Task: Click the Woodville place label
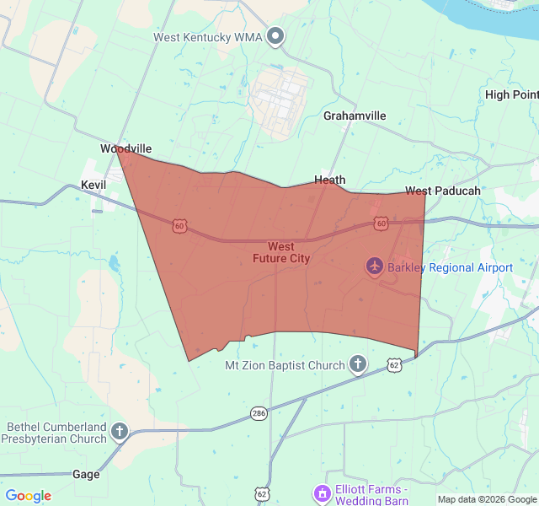[x=125, y=148]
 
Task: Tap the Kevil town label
[x=93, y=184]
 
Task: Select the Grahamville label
[x=355, y=116]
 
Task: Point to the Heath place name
[x=329, y=180]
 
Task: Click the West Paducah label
[x=442, y=191]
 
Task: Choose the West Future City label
[x=281, y=253]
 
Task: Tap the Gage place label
[x=86, y=474]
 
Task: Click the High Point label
[x=511, y=94]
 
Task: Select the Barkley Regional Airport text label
[x=450, y=267]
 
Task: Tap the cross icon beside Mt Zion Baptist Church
[x=358, y=365]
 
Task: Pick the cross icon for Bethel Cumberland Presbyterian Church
[x=120, y=433]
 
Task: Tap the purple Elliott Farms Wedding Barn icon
[x=321, y=493]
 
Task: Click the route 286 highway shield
[x=259, y=413]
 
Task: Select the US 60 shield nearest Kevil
[x=179, y=225]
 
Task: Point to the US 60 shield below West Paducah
[x=382, y=223]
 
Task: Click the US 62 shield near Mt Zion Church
[x=394, y=364]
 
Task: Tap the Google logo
[x=29, y=496]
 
